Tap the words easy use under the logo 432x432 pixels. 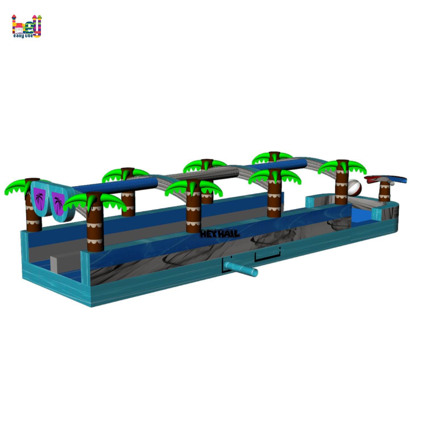(x=23, y=36)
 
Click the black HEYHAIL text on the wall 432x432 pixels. (x=220, y=234)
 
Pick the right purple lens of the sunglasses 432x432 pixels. (x=58, y=203)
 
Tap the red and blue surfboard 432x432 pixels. (x=385, y=179)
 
